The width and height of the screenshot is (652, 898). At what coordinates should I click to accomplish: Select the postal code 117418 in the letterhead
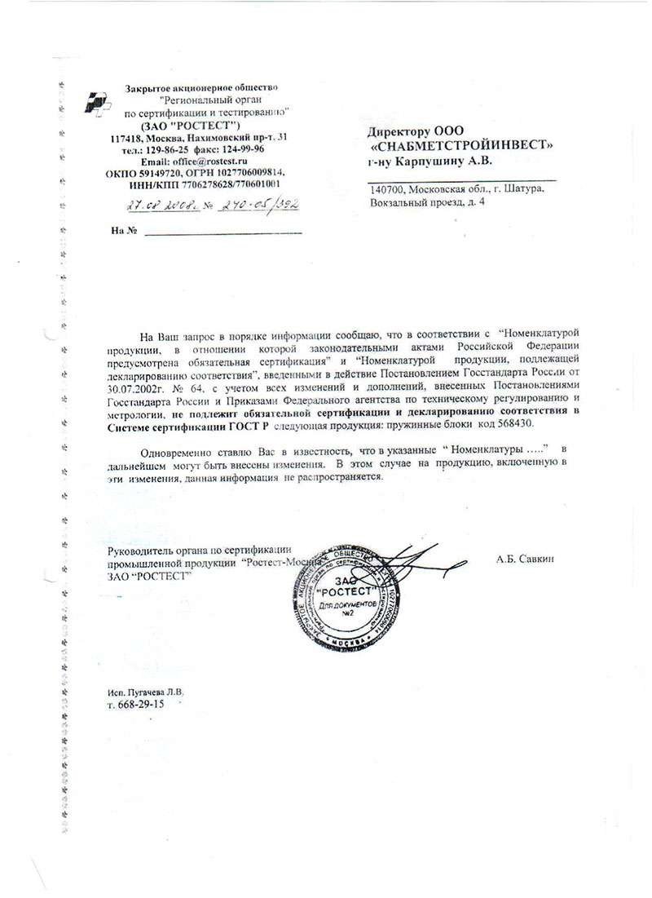(x=128, y=138)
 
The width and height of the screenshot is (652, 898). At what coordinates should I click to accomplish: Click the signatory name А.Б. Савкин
(x=523, y=560)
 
